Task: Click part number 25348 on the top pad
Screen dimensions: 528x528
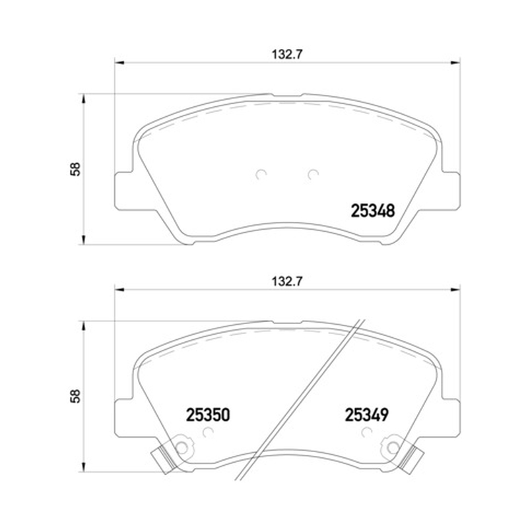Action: pos(372,211)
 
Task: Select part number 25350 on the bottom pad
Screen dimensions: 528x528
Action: pos(208,415)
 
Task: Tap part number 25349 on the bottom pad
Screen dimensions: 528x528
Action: pos(366,415)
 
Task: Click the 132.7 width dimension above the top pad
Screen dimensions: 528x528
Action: pos(287,54)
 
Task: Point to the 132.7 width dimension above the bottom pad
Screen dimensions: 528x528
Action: pos(287,281)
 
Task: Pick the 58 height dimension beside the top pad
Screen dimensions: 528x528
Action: pos(75,169)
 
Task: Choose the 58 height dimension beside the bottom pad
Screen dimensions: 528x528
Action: pos(75,396)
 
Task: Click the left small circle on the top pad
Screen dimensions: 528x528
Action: pos(261,174)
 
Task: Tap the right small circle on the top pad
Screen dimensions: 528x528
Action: pos(313,174)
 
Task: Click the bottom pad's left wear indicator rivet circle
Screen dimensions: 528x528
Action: pos(181,447)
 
